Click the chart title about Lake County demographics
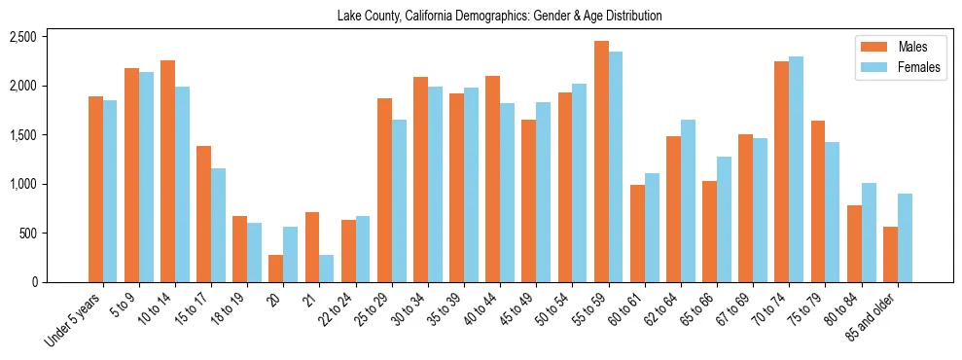tap(499, 17)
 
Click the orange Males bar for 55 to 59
tap(601, 162)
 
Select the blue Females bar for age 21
tap(326, 269)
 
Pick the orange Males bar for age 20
tap(276, 269)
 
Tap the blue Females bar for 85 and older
tap(905, 238)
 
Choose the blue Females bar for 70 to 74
tap(796, 169)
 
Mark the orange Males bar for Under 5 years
tap(95, 190)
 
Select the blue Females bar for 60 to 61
tap(652, 228)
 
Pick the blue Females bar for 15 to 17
tap(218, 226)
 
